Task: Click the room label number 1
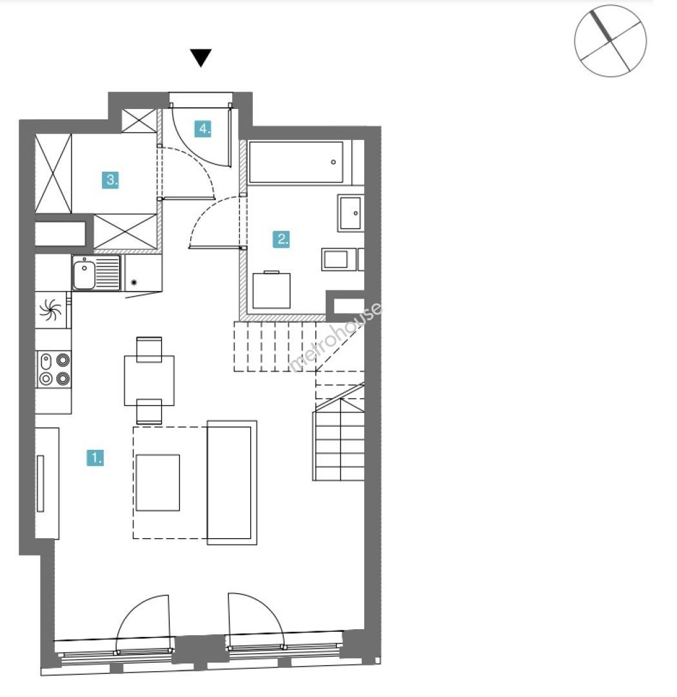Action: [x=95, y=458]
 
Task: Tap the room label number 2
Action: [x=281, y=239]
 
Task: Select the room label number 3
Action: [x=110, y=180]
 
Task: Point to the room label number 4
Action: [x=203, y=129]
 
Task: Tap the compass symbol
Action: [x=611, y=41]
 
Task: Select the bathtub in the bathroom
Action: [x=297, y=162]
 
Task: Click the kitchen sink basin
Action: [x=84, y=275]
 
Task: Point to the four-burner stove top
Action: [x=54, y=369]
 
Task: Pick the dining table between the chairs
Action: [x=149, y=381]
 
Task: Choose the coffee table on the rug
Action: [x=158, y=482]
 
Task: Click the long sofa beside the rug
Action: [x=232, y=483]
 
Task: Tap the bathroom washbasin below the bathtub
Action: [x=351, y=213]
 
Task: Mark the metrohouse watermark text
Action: [x=335, y=337]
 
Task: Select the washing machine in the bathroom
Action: [x=271, y=290]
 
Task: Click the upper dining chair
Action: [x=149, y=349]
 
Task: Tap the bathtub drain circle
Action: [x=333, y=162]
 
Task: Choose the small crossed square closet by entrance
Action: [x=139, y=121]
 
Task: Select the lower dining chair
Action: [x=149, y=411]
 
